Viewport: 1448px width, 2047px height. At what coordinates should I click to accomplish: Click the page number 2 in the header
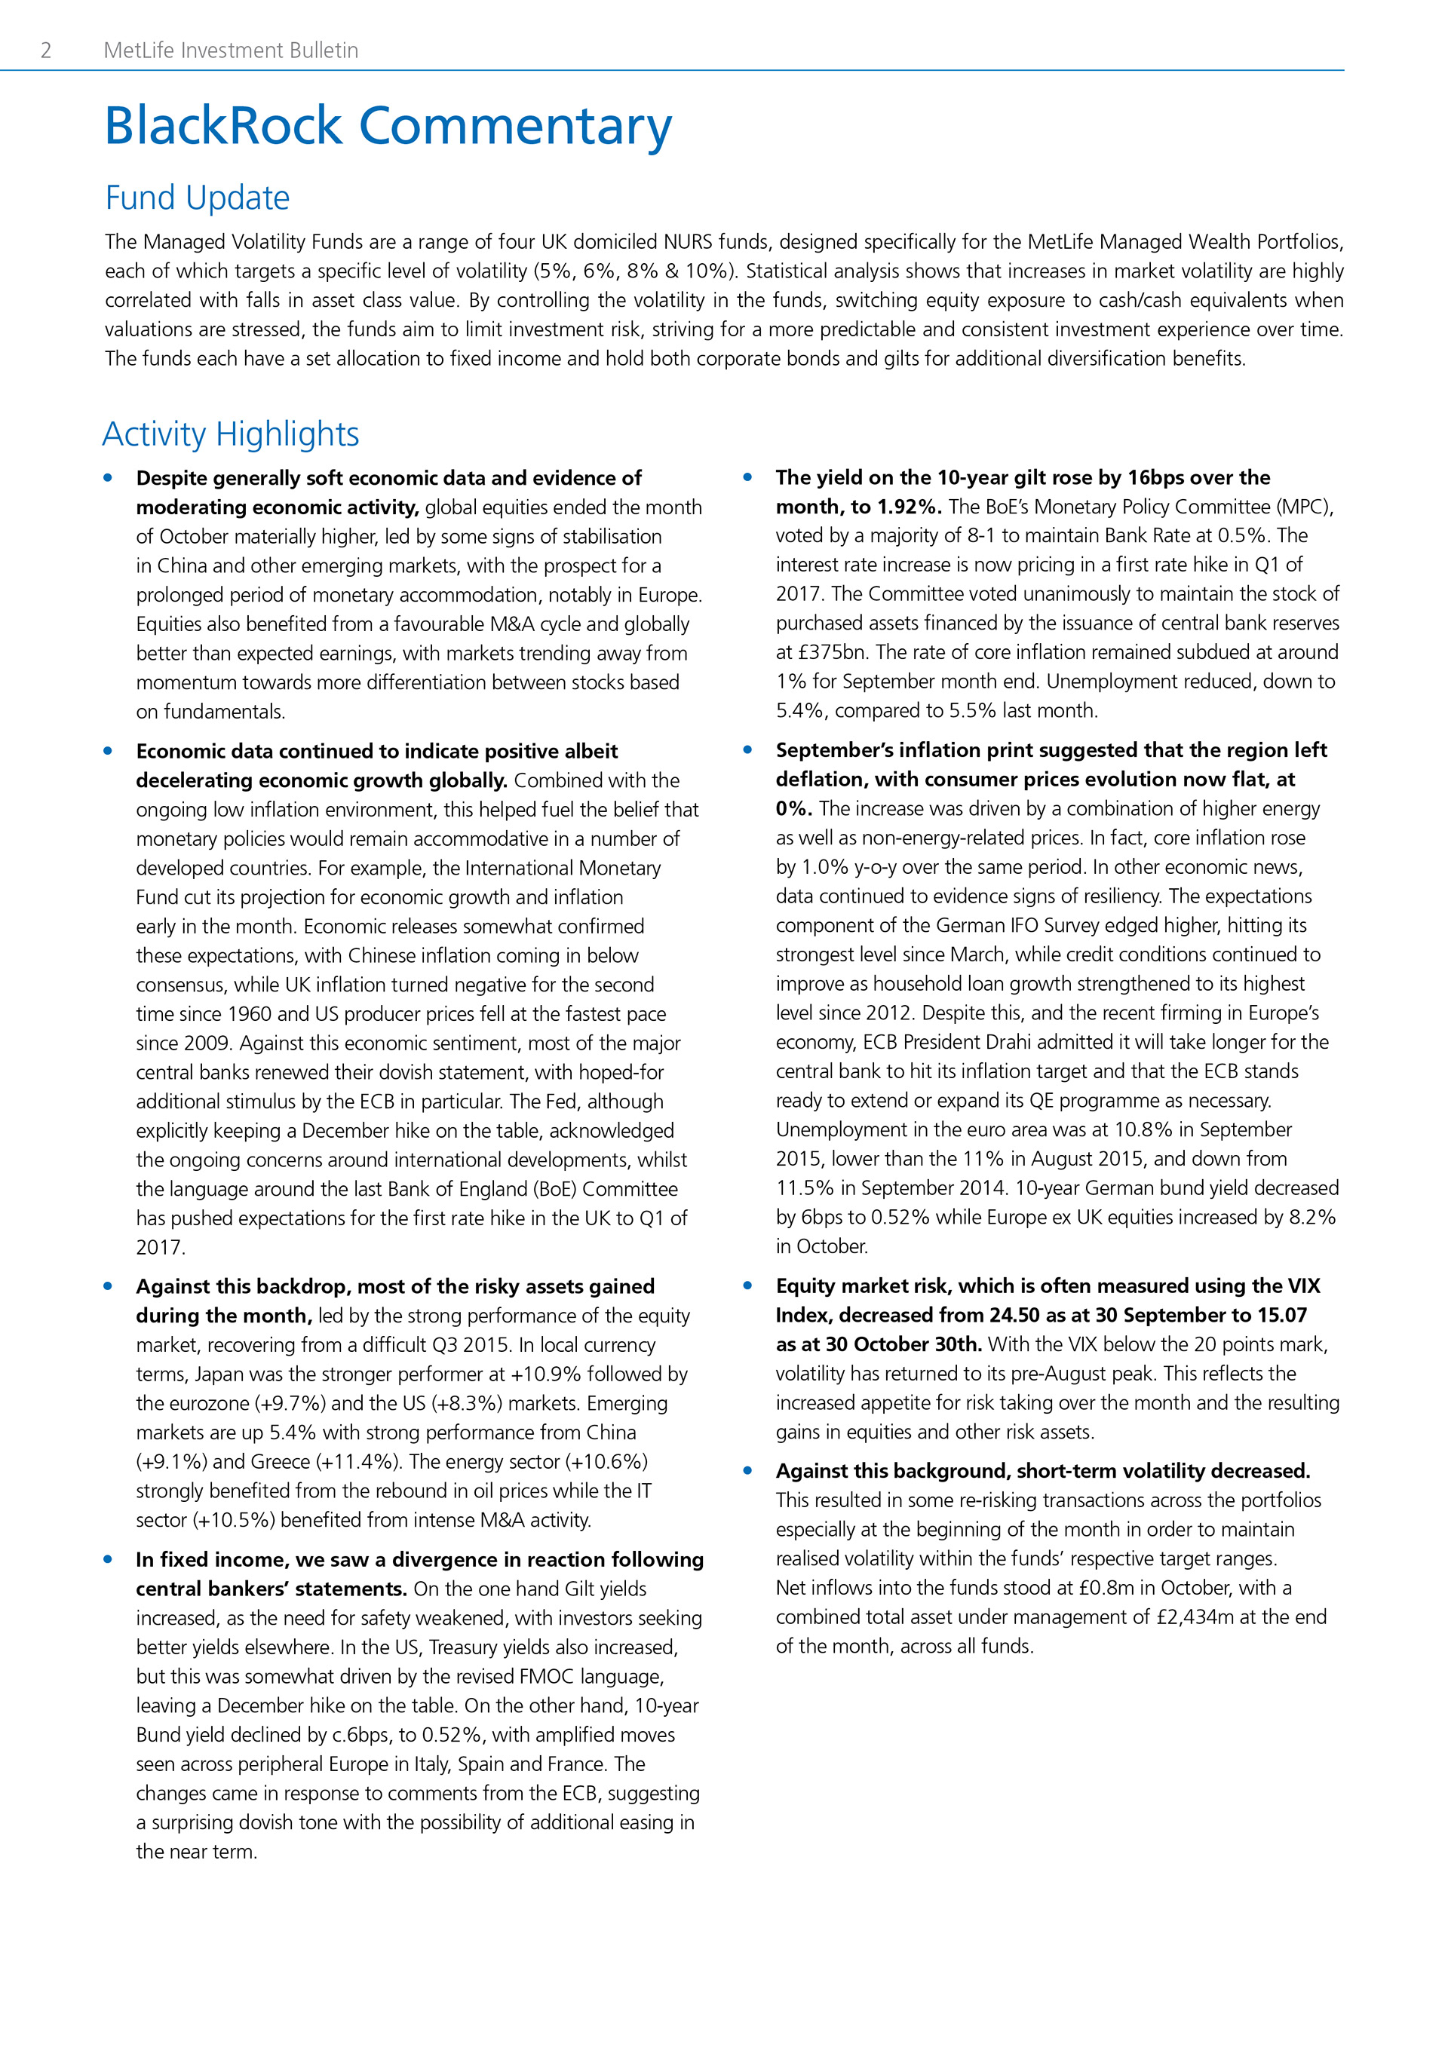45,51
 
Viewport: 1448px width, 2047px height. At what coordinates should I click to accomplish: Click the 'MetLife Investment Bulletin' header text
231,51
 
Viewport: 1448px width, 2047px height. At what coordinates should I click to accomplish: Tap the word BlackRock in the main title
223,126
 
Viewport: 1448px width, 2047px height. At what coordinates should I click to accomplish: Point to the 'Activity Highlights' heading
230,434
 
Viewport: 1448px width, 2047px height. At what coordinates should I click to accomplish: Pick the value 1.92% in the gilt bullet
909,507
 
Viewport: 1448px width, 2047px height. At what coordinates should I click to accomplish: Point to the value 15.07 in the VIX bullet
1282,1316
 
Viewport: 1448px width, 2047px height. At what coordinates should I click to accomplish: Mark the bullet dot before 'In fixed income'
108,1559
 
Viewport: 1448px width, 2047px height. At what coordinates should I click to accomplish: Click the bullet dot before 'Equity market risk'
747,1286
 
